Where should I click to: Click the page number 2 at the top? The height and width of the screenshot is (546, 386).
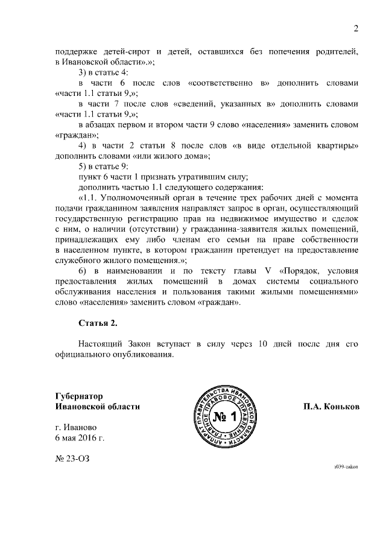tap(356, 28)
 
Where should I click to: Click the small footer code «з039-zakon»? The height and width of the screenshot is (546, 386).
tap(346, 467)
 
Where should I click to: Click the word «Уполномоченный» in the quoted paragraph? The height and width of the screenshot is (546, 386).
tap(137, 197)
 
